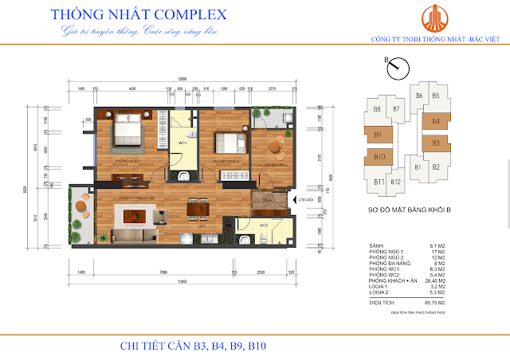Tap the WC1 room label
click(x=182, y=143)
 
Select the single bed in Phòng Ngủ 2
click(x=227, y=143)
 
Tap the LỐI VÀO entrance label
click(x=308, y=202)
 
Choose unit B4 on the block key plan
click(x=435, y=122)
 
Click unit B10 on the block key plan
click(x=379, y=157)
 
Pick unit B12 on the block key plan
click(x=396, y=182)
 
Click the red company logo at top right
click(x=433, y=20)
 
